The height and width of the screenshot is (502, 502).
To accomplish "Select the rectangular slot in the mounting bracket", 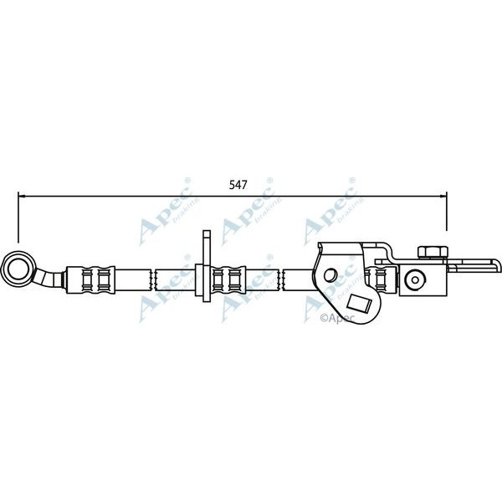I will tap(361, 305).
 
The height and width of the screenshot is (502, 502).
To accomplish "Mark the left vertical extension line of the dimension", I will tap(18, 219).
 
